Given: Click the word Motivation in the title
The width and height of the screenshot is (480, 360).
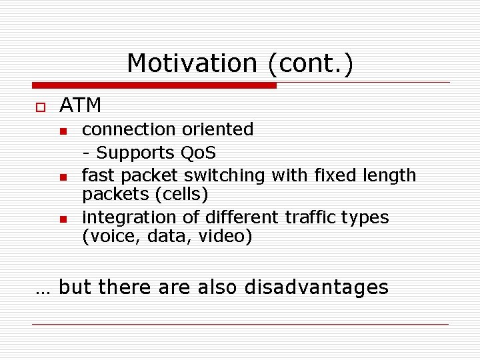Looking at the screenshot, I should [x=191, y=63].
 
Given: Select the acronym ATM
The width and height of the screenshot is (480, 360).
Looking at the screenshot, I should [x=80, y=105].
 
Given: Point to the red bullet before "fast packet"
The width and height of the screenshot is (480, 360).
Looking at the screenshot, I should [x=63, y=177].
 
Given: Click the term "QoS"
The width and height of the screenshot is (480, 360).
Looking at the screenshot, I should [x=199, y=153].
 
